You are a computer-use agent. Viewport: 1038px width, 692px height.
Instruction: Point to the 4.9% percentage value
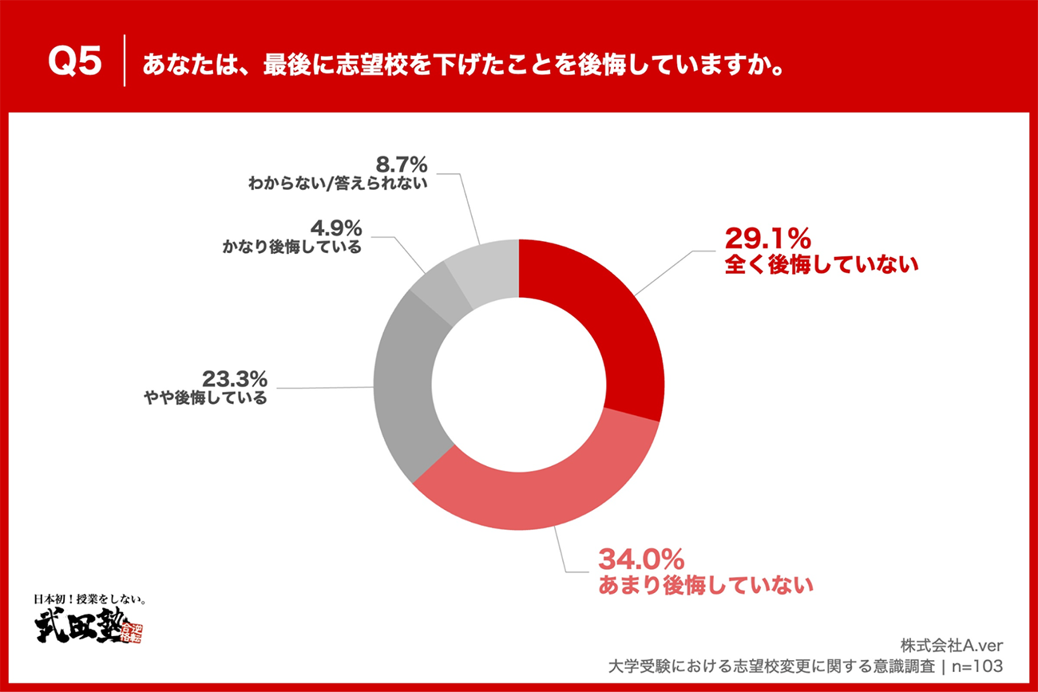(334, 227)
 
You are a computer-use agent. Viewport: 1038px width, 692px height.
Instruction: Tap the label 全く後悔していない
(822, 265)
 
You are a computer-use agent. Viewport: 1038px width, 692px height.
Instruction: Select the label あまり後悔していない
(706, 584)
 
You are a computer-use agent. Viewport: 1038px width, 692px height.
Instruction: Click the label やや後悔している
(205, 397)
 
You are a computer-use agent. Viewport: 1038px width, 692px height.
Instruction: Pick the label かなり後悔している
(291, 247)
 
